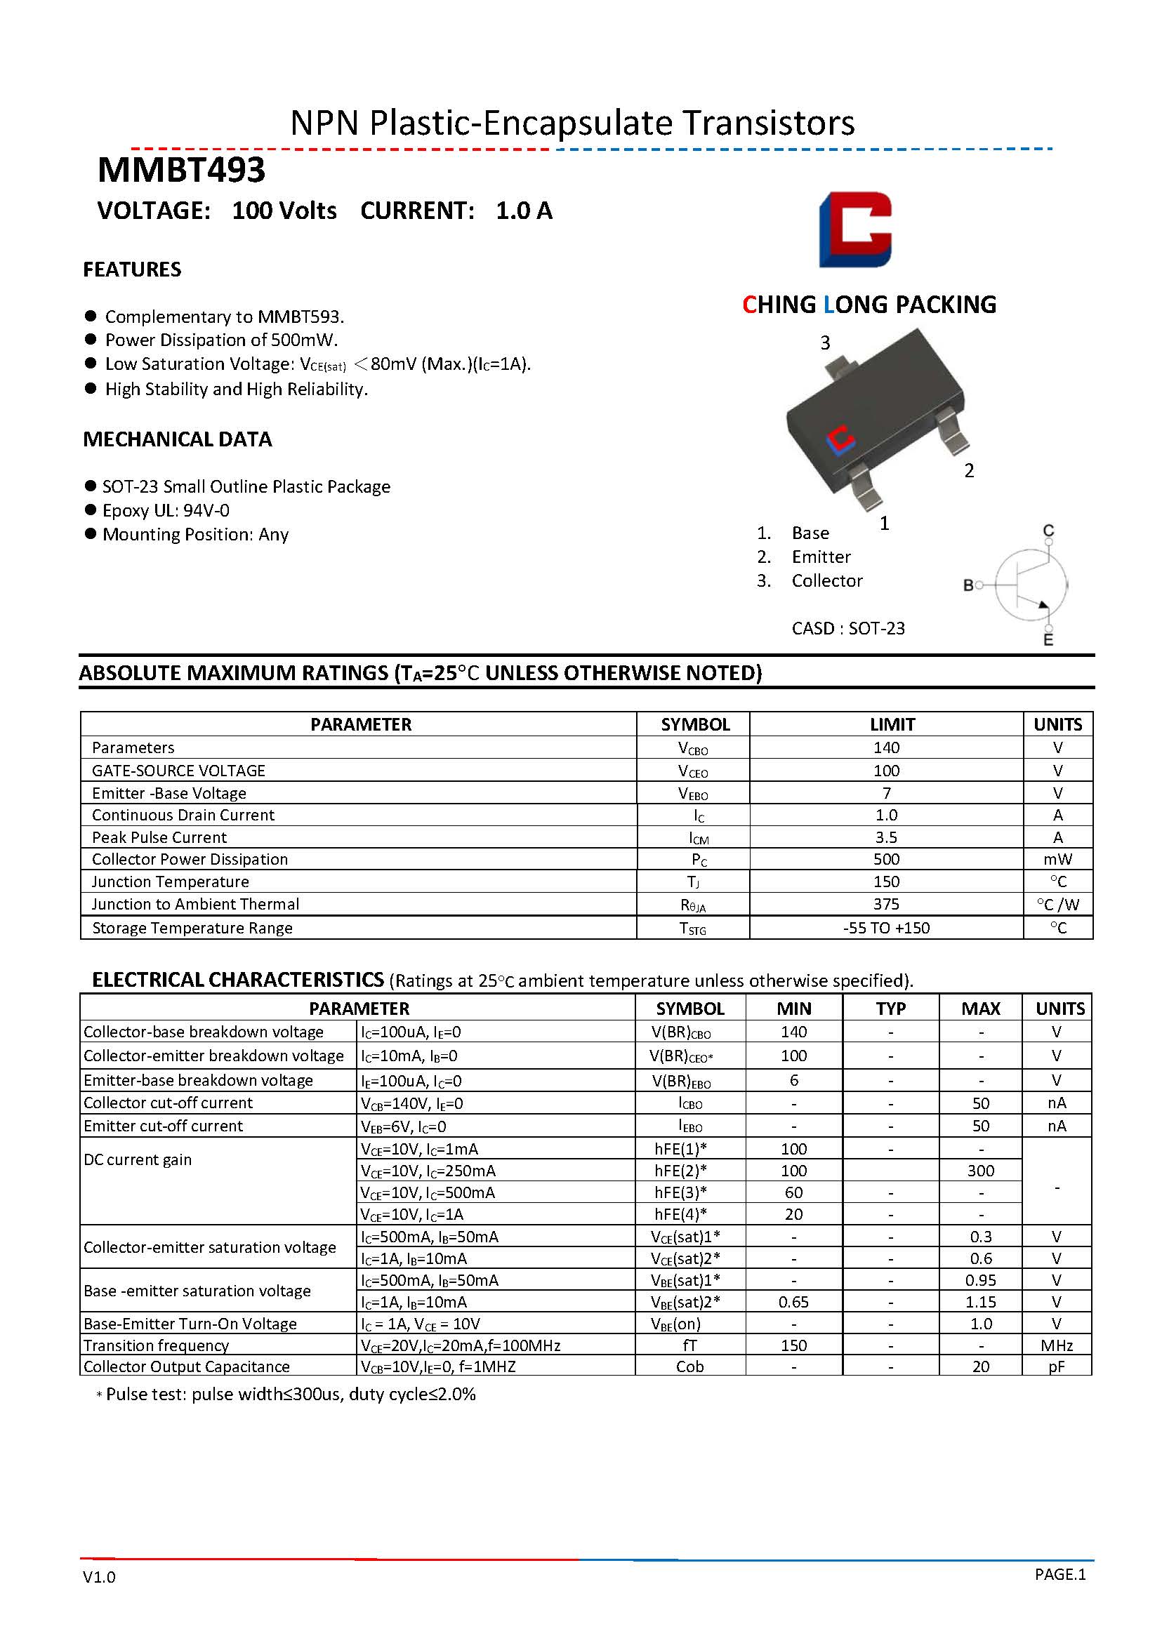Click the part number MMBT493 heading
181,171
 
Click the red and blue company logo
855,229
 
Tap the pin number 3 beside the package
825,342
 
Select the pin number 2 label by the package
969,470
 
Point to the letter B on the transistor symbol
968,585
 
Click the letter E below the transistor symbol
1048,639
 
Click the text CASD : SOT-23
847,628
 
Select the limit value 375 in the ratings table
886,904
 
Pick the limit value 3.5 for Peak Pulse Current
886,837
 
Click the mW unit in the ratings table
1057,859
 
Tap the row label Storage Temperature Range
192,927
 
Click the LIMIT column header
892,724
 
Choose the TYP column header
891,1009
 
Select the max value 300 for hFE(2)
980,1171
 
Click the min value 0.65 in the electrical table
793,1302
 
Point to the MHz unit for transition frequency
1057,1345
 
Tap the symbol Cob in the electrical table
689,1366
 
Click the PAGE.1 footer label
1059,1574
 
